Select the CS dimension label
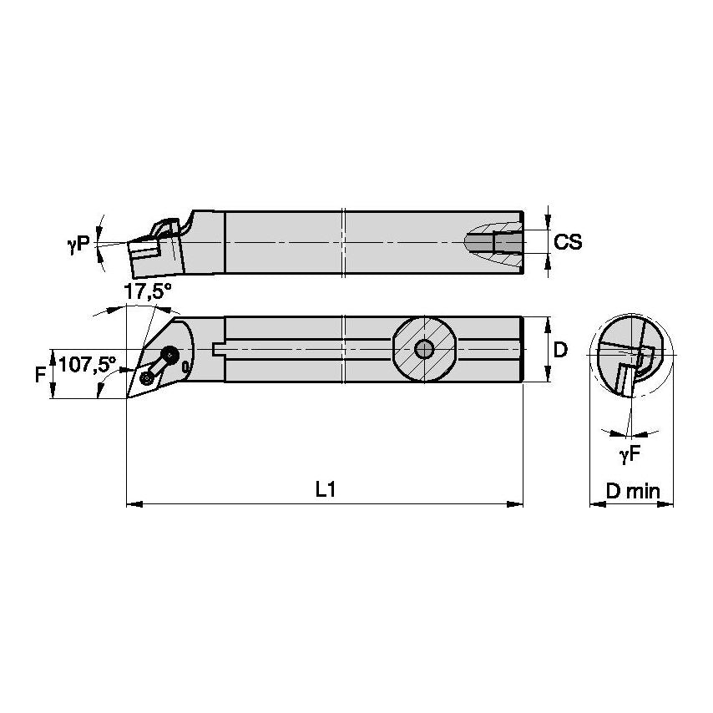(568, 242)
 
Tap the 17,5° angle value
(147, 291)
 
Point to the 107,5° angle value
(87, 365)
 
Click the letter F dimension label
(39, 374)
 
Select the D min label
(632, 491)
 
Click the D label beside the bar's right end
(560, 350)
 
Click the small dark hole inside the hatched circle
(424, 349)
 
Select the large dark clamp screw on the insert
(172, 354)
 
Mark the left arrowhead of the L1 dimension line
(131, 504)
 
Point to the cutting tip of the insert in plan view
(127, 397)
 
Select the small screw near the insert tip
(148, 378)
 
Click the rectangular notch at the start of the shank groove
(220, 349)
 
